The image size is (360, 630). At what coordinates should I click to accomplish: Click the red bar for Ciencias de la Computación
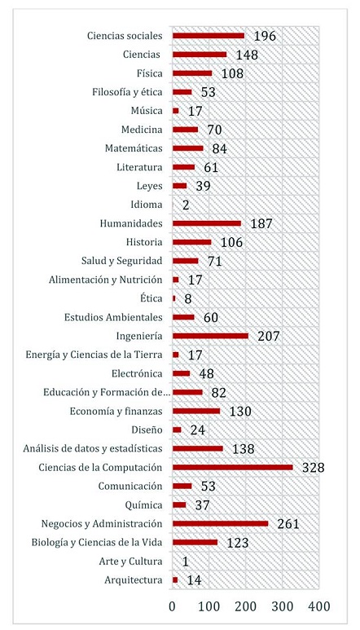[232, 467]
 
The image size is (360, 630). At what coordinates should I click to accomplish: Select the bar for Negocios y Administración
[220, 523]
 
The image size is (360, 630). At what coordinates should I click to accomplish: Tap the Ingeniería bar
[210, 336]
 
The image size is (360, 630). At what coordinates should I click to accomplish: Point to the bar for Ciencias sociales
[209, 36]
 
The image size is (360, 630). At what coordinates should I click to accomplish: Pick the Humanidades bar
[207, 223]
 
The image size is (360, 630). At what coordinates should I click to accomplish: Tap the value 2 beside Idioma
[187, 205]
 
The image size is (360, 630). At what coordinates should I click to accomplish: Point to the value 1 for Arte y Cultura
[187, 561]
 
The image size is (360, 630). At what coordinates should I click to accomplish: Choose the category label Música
[147, 111]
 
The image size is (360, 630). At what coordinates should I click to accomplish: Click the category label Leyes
[149, 186]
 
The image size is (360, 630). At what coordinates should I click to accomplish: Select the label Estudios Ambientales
[113, 317]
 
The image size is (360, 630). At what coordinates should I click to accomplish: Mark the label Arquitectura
[134, 579]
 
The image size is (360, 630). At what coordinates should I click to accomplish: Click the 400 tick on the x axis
[318, 606]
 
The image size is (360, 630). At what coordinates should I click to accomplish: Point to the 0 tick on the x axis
[173, 606]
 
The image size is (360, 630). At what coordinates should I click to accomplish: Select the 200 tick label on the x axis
[245, 606]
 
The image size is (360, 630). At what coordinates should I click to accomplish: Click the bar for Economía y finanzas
[196, 411]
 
